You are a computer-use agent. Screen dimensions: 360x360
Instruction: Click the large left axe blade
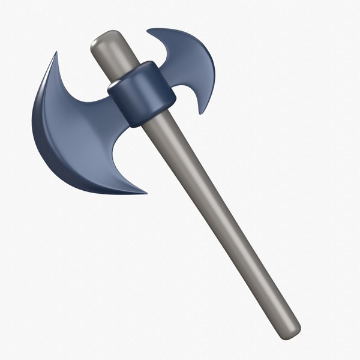click(72, 132)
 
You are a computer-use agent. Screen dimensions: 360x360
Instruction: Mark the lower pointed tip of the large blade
click(146, 193)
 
